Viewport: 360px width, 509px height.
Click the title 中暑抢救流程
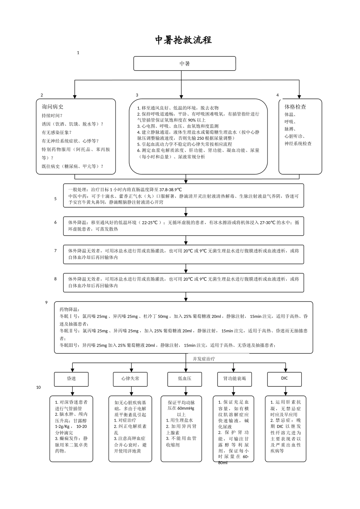184,40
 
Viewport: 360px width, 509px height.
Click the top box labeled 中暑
185,64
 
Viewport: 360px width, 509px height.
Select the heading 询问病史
52,107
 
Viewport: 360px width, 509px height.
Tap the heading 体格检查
295,107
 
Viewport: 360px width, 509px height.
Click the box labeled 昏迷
71,378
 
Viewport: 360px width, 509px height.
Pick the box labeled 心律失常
130,378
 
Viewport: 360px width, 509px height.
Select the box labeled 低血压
185,378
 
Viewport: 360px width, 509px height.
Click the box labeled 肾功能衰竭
235,378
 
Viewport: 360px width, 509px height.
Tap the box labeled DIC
285,378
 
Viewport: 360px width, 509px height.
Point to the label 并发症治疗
203,358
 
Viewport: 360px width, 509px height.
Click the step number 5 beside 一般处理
55,198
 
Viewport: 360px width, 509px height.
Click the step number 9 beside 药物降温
46,302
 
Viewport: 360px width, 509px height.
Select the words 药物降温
70,309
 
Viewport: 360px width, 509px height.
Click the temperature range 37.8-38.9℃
171,189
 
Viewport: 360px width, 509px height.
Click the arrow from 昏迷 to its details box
72,391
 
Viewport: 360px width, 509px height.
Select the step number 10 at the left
39,387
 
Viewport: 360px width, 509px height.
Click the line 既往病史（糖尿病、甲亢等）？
72,166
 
